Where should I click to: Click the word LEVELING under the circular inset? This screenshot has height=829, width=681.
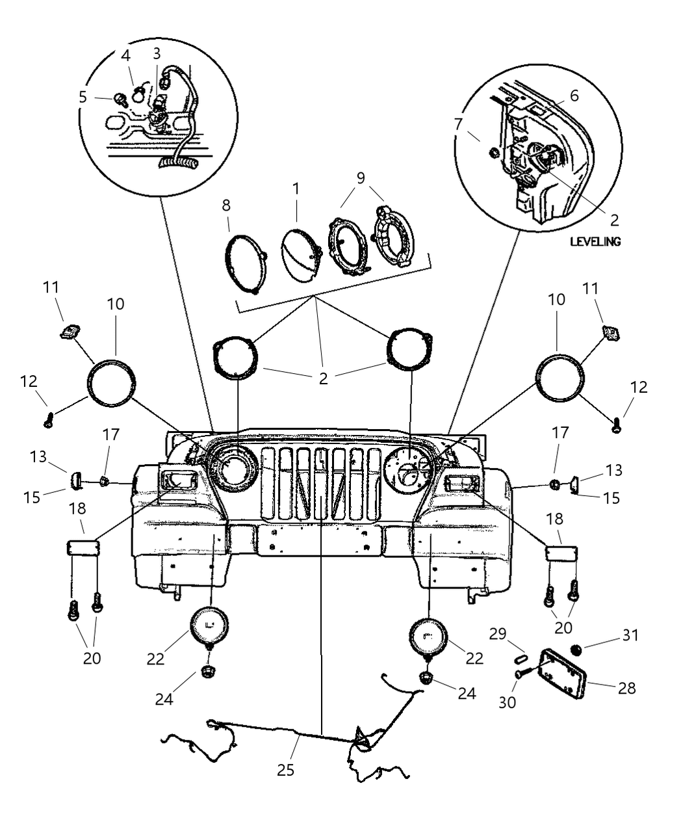(x=595, y=241)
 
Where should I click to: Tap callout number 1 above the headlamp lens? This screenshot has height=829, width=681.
(x=296, y=190)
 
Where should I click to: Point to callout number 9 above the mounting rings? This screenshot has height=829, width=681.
(x=360, y=177)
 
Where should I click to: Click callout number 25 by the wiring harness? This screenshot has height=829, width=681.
(x=285, y=770)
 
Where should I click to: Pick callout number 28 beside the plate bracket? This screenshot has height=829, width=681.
(x=626, y=687)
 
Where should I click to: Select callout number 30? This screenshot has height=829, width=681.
(x=508, y=702)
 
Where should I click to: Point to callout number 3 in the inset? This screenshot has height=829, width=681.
(x=157, y=53)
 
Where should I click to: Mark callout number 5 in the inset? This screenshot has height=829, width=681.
(x=83, y=97)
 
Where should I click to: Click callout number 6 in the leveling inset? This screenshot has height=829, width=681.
(x=574, y=96)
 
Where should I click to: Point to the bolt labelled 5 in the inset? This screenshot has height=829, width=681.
(x=120, y=99)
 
